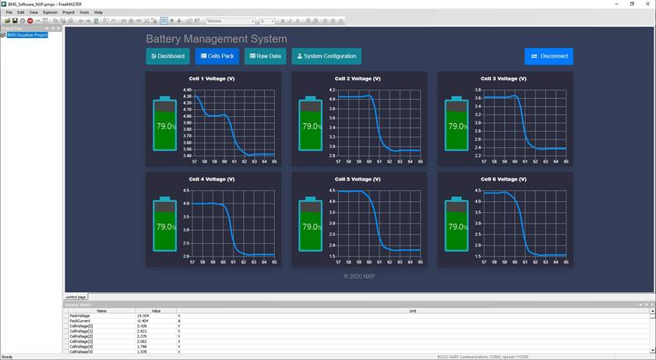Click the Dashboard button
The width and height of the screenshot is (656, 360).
pyautogui.click(x=168, y=56)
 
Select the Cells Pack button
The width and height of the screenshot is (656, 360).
pyautogui.click(x=217, y=56)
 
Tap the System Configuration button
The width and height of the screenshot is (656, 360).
pyautogui.click(x=326, y=56)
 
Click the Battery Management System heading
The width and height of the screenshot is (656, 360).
pyautogui.click(x=216, y=39)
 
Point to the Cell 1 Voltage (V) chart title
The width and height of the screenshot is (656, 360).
pyautogui.click(x=212, y=79)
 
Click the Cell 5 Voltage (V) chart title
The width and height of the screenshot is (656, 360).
pyautogui.click(x=358, y=179)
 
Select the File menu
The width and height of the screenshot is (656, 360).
pyautogui.click(x=9, y=12)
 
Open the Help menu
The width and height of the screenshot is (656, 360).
pyautogui.click(x=98, y=12)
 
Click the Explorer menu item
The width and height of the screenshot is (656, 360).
pyautogui.click(x=50, y=12)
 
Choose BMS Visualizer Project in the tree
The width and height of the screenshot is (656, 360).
pyautogui.click(x=27, y=35)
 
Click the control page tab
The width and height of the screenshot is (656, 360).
pyautogui.click(x=76, y=297)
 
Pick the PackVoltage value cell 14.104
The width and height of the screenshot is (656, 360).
pyautogui.click(x=143, y=316)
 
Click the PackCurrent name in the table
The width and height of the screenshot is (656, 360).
pyautogui.click(x=80, y=321)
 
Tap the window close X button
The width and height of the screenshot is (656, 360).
pyautogui.click(x=647, y=4)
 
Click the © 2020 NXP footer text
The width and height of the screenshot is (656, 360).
pyautogui.click(x=359, y=276)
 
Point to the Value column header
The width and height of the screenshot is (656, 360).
pyautogui.click(x=156, y=310)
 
